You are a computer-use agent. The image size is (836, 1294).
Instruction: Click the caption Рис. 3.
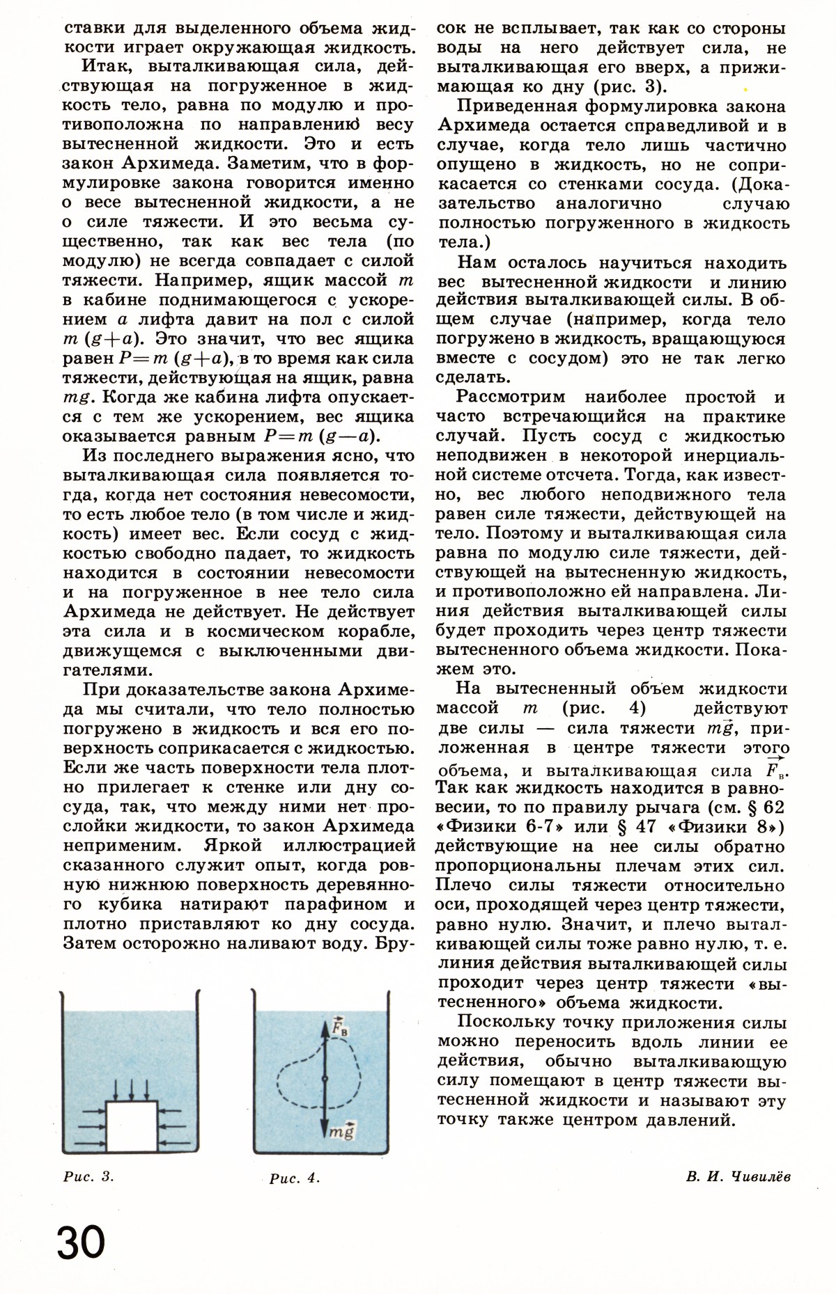click(x=88, y=1177)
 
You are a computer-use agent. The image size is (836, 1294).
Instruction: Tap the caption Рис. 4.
click(x=294, y=1178)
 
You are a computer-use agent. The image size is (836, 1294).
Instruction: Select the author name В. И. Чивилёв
click(x=738, y=1176)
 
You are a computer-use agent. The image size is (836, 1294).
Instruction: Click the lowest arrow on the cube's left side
click(x=83, y=1143)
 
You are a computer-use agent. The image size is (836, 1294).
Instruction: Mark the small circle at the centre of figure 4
click(x=325, y=1078)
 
